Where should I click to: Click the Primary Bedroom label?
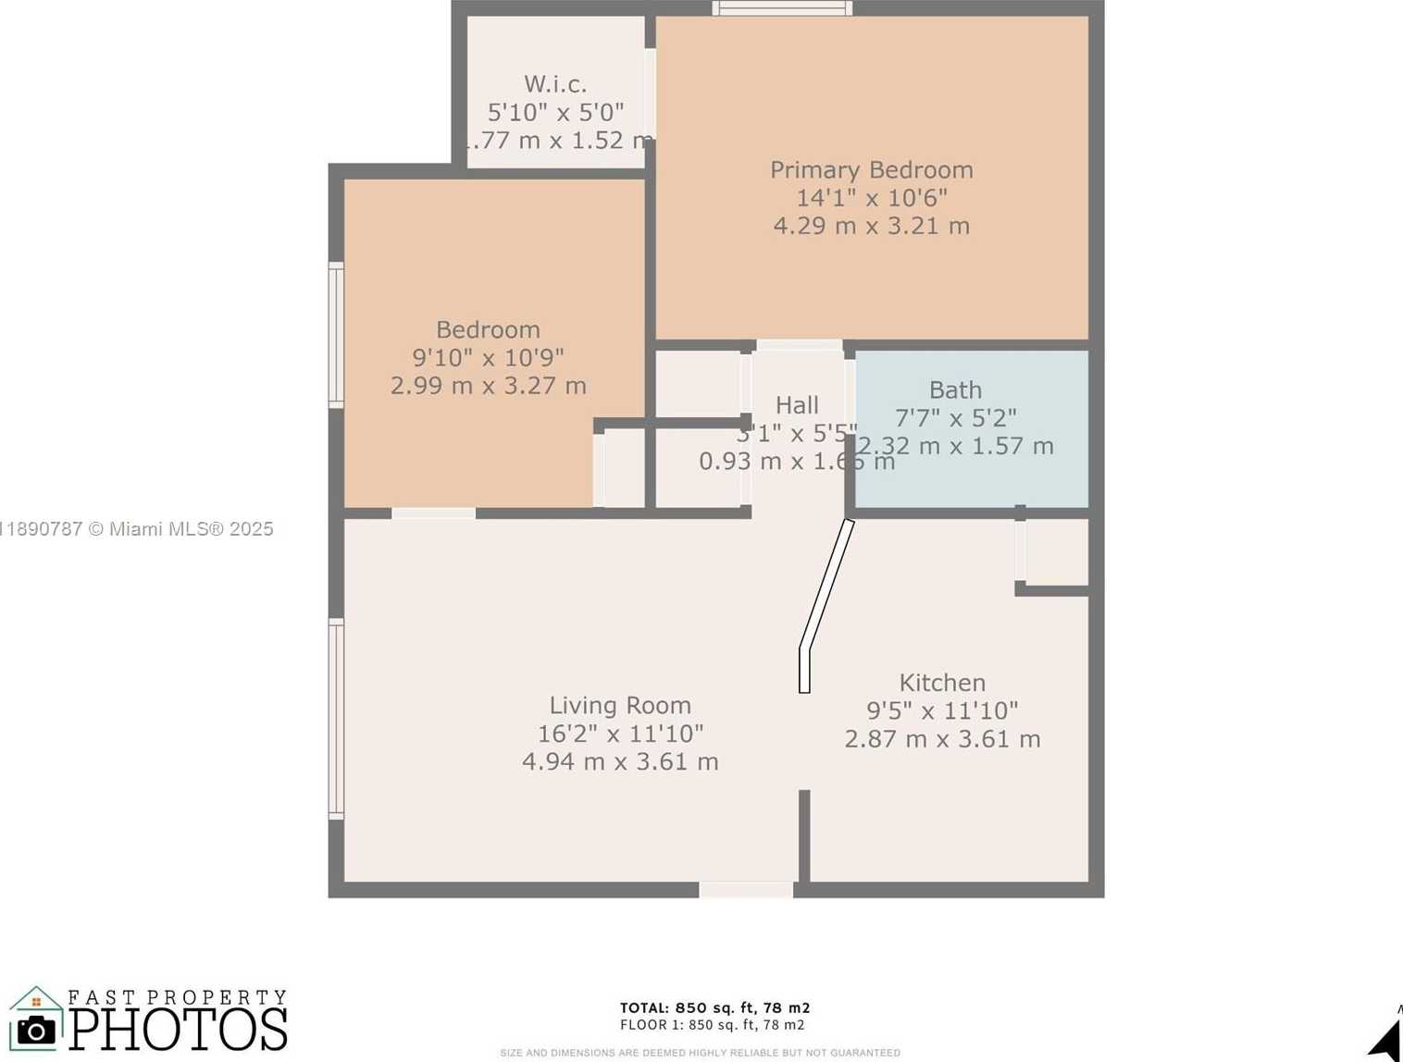pyautogui.click(x=871, y=170)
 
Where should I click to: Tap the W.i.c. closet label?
pyautogui.click(x=555, y=84)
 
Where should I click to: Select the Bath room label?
pyautogui.click(x=955, y=389)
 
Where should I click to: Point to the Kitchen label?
pyautogui.click(x=942, y=683)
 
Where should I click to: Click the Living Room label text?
pyautogui.click(x=620, y=705)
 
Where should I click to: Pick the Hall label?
pyautogui.click(x=797, y=405)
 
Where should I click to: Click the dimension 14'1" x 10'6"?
pyautogui.click(x=871, y=198)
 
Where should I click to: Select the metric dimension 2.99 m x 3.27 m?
pyautogui.click(x=488, y=386)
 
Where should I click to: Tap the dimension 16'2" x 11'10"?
pyautogui.click(x=620, y=734)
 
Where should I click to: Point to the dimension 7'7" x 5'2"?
pyautogui.click(x=955, y=418)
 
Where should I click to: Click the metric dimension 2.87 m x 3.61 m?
pyautogui.click(x=942, y=739)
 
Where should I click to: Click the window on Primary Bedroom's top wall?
pyautogui.click(x=782, y=8)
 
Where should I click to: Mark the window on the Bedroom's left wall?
pyautogui.click(x=336, y=335)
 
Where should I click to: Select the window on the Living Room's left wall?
pyautogui.click(x=336, y=719)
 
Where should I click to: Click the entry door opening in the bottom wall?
pyautogui.click(x=746, y=890)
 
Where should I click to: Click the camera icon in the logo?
pyautogui.click(x=36, y=1030)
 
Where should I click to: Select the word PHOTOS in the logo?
pyautogui.click(x=179, y=1029)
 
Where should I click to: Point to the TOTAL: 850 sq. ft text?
pyautogui.click(x=714, y=1007)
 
